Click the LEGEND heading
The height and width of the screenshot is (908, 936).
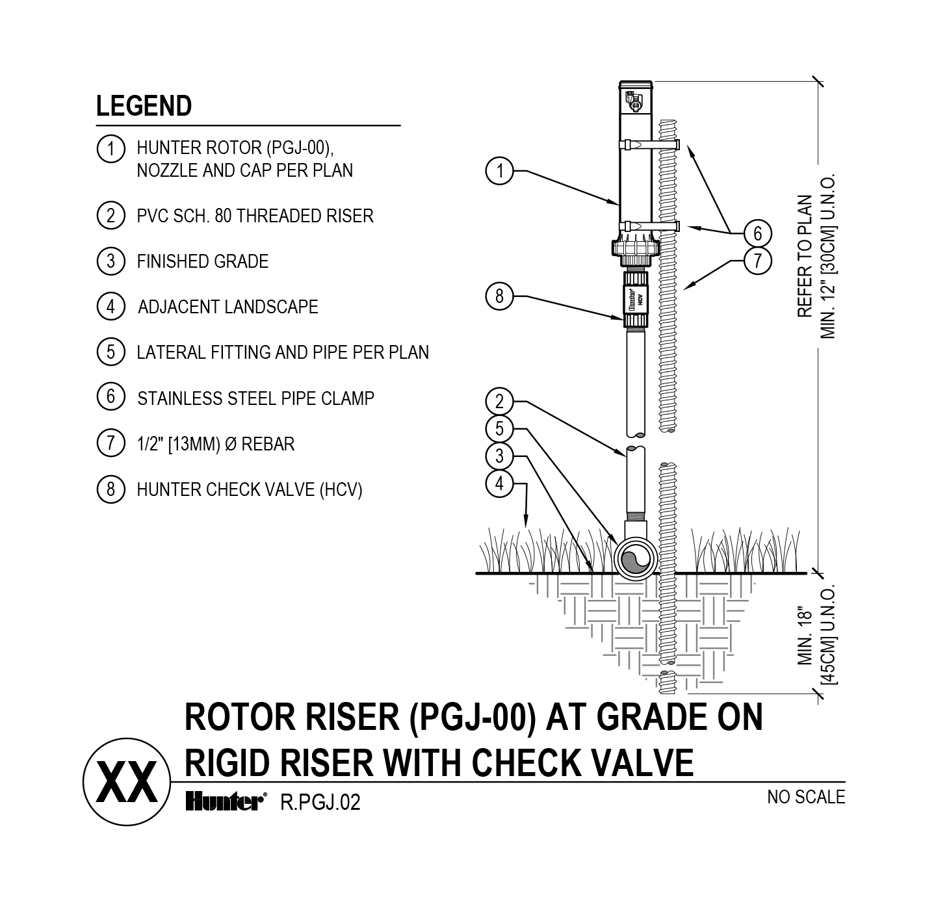point(144,106)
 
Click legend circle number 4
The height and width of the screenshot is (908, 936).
point(110,306)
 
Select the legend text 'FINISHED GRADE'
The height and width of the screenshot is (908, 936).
point(202,261)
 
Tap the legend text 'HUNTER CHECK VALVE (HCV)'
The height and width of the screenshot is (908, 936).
point(249,489)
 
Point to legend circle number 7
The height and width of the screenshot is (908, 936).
point(110,443)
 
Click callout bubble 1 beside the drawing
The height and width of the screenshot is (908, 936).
point(499,172)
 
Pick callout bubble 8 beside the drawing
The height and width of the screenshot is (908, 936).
point(499,296)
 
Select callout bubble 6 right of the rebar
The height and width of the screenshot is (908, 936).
point(757,233)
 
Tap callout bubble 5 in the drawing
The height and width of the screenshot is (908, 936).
point(499,429)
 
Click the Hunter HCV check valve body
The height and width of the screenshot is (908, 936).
point(636,300)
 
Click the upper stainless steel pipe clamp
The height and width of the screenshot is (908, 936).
point(650,144)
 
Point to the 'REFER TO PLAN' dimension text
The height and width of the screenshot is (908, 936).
point(805,257)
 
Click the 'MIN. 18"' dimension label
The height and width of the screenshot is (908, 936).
point(805,636)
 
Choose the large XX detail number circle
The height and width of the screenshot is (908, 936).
point(127,782)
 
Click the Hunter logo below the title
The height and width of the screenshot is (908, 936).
point(225,802)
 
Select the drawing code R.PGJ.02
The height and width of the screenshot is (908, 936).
point(320,803)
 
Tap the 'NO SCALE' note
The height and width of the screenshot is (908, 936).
point(806,797)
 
